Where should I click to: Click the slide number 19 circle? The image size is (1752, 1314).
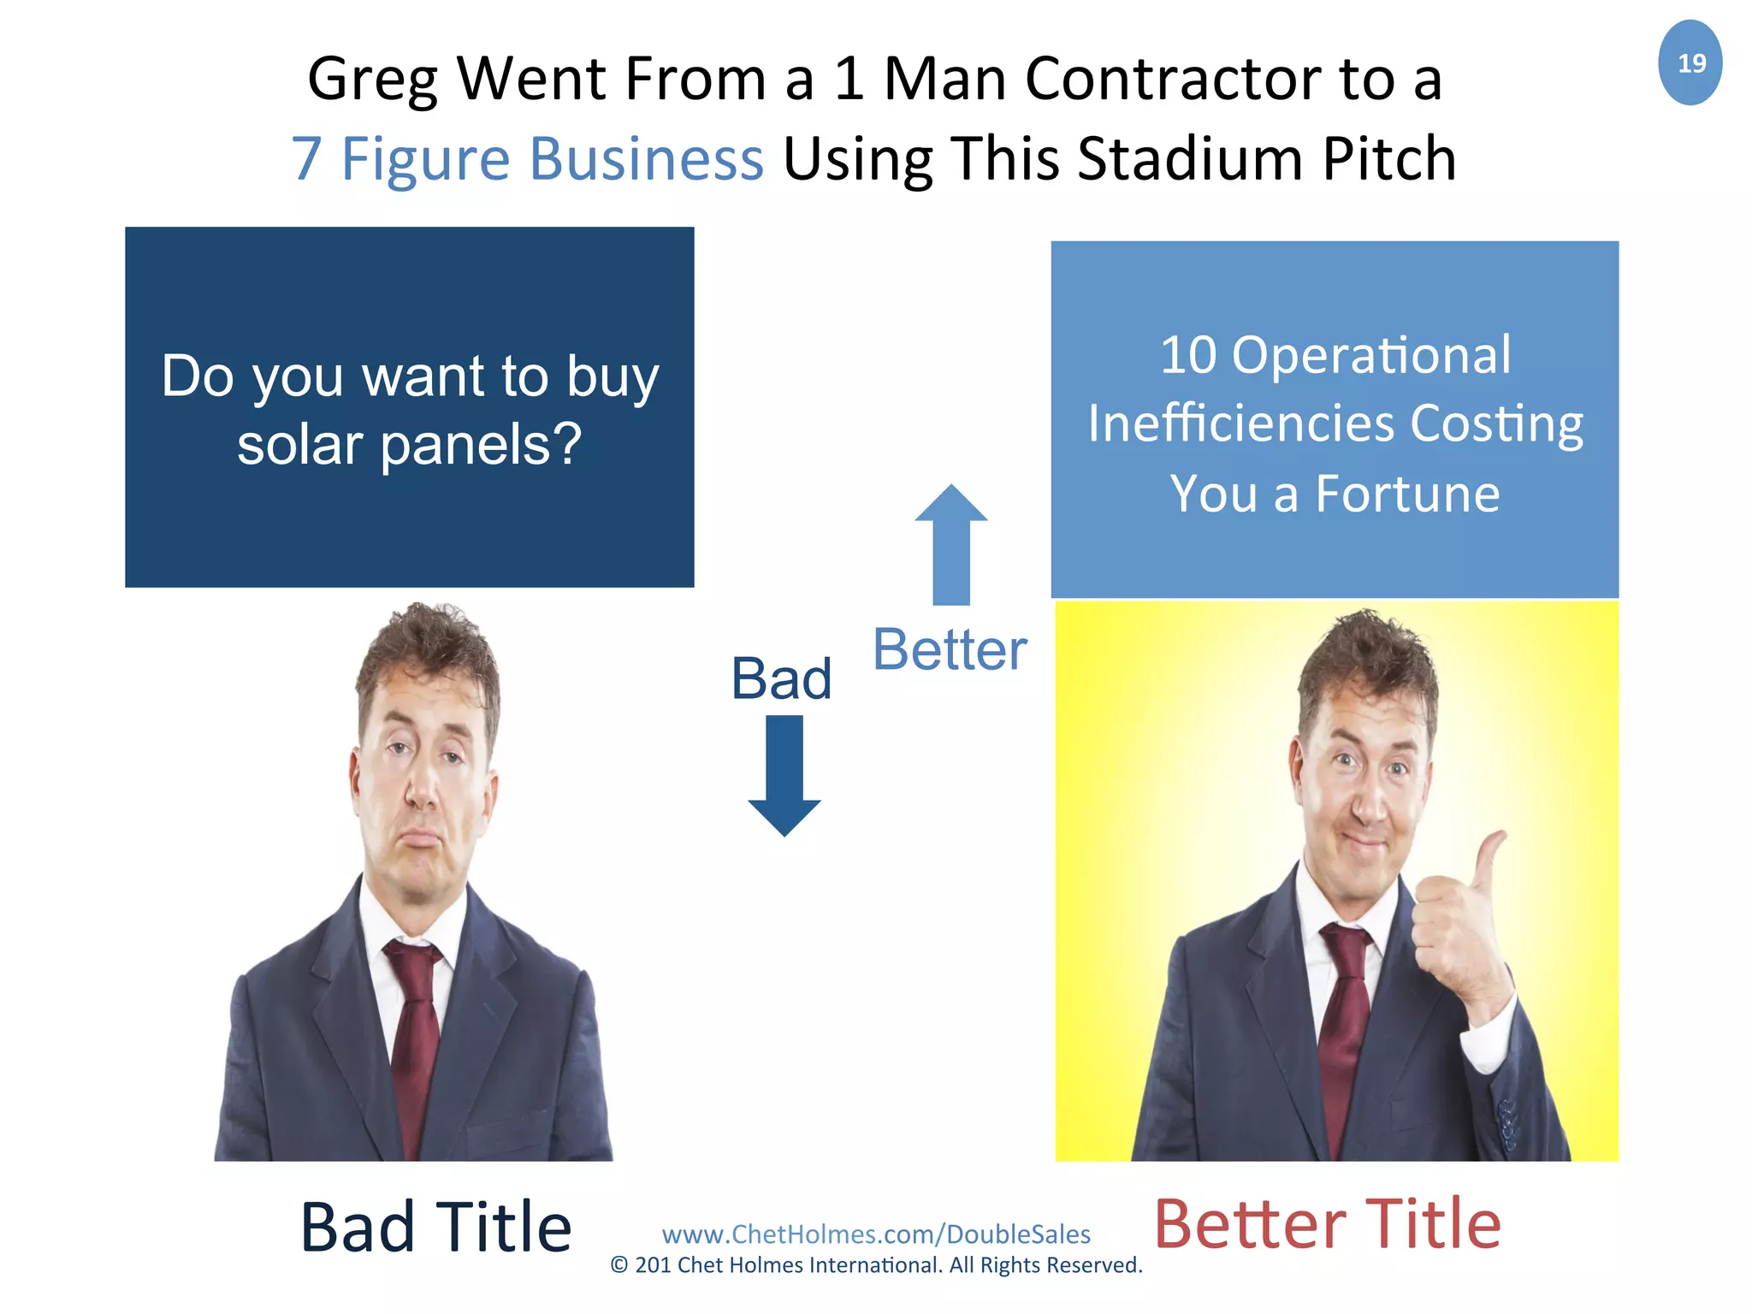tap(1690, 62)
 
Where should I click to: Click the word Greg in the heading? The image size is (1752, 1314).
tap(372, 80)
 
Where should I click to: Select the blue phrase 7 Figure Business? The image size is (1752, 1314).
tap(527, 159)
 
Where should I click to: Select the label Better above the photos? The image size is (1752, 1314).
tap(950, 650)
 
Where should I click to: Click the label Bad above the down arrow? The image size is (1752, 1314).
tap(781, 679)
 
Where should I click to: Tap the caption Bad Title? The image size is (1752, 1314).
tap(435, 1227)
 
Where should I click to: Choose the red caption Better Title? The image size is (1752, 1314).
tap(1327, 1224)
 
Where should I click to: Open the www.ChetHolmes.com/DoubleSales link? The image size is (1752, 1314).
tap(876, 1234)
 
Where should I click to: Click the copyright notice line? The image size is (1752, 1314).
tap(876, 1265)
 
